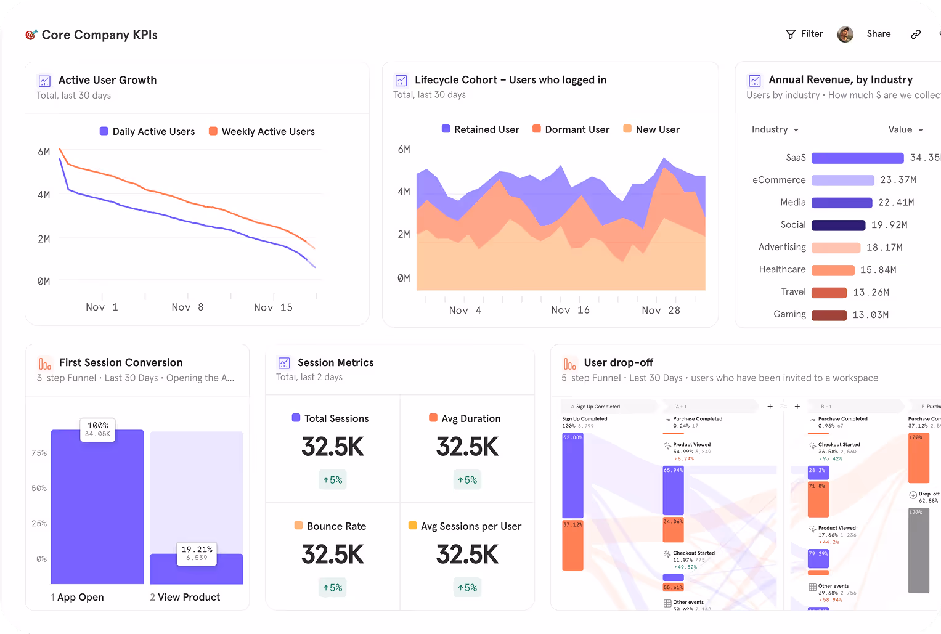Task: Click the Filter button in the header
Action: click(x=805, y=34)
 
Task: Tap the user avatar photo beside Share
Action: click(x=845, y=35)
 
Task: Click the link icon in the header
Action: click(x=916, y=35)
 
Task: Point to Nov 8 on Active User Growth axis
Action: click(x=187, y=307)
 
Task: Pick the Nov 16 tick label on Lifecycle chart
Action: click(x=570, y=310)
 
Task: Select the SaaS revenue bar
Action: click(x=857, y=158)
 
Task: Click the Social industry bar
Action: click(x=838, y=225)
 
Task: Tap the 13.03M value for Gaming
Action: click(x=870, y=315)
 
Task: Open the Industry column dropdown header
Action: click(x=775, y=129)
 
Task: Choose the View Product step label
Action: click(x=185, y=597)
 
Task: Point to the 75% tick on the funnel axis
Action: click(x=39, y=453)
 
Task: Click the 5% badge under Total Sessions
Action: click(x=333, y=480)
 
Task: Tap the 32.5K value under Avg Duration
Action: click(x=467, y=447)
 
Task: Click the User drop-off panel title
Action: click(x=618, y=362)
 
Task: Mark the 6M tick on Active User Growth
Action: click(x=44, y=152)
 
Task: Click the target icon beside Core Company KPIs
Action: click(x=31, y=35)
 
